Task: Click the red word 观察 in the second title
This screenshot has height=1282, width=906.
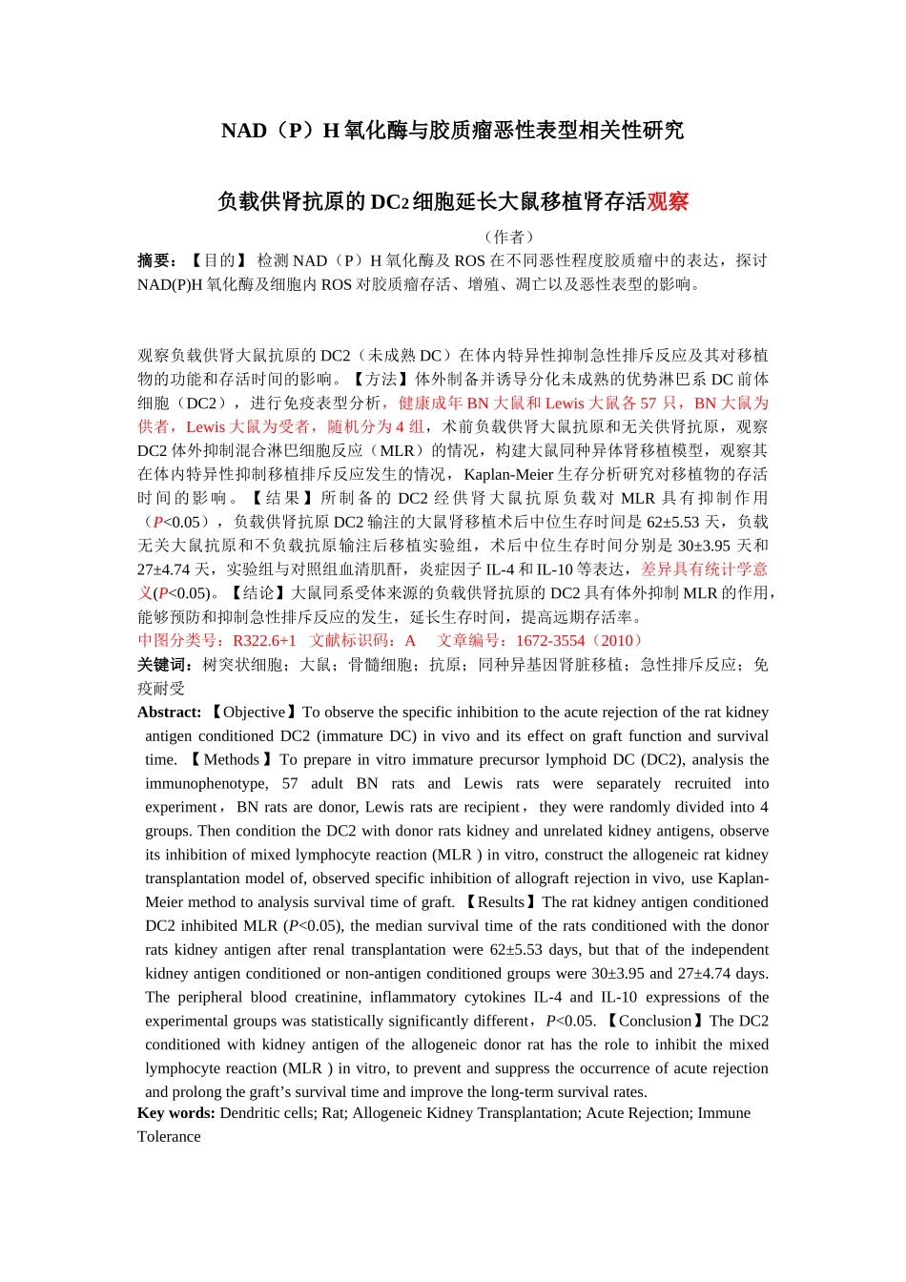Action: point(668,202)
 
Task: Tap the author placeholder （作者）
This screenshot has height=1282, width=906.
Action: point(509,237)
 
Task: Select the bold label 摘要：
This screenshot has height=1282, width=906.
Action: point(158,260)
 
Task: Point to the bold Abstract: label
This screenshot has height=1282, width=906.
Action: point(170,713)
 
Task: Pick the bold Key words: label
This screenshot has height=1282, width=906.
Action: point(176,1113)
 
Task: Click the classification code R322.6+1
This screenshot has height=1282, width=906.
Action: point(264,641)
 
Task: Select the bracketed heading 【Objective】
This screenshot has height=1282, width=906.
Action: point(253,713)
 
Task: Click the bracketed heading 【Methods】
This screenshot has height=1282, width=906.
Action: point(231,759)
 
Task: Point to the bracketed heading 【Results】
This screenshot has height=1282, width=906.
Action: point(501,902)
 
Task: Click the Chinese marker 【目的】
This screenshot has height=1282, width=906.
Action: point(218,260)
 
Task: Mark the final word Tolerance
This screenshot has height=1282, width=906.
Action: point(169,1137)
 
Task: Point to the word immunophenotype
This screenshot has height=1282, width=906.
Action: point(206,783)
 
